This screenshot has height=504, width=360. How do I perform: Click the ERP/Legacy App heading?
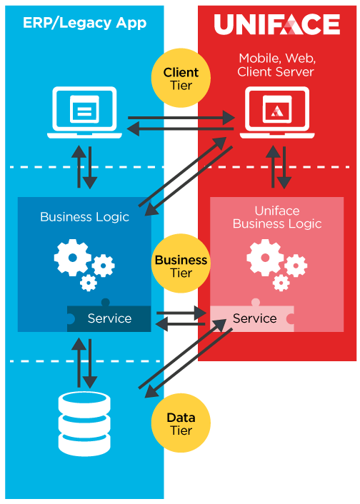coord(84,23)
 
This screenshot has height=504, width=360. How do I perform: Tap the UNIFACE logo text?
coord(277,24)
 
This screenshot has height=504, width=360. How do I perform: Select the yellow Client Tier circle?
coord(181,78)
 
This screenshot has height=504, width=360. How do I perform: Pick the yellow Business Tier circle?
coord(181,263)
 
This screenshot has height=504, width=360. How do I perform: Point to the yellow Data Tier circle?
coord(181,423)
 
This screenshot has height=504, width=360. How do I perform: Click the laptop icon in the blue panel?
coord(84,113)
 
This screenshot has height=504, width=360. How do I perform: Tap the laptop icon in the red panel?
coord(277,113)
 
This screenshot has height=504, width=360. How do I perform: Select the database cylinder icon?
coord(84,424)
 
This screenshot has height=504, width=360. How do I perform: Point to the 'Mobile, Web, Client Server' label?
coord(276,65)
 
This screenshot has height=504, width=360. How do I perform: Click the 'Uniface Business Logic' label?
coord(277,217)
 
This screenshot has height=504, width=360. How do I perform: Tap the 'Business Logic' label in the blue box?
coord(84,217)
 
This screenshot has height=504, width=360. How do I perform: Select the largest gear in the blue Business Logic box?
coord(72,258)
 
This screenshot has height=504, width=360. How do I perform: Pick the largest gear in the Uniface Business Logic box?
coord(265,258)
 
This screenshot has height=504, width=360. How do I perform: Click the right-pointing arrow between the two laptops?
coord(181,118)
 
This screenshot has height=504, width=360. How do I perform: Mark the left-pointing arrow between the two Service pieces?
coord(180,324)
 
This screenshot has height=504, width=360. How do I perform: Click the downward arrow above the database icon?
coord(90,363)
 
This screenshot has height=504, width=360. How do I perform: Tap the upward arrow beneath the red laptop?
coord(273,166)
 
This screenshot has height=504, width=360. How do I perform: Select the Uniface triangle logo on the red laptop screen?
coord(277,111)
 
